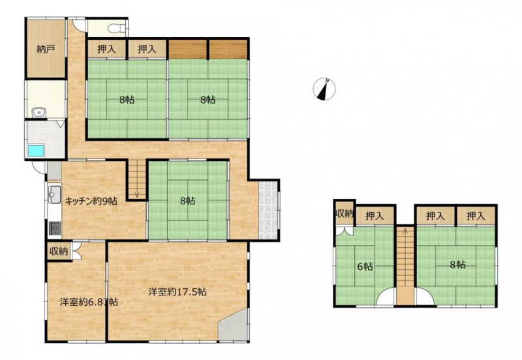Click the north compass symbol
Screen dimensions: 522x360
[x=324, y=89]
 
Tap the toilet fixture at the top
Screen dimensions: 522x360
[x=116, y=28]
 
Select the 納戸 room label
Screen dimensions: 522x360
[x=46, y=50]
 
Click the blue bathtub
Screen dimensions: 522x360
[x=36, y=151]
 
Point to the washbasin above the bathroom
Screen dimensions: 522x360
[x=39, y=113]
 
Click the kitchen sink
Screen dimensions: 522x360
[x=54, y=194]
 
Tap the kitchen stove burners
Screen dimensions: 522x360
[x=55, y=228]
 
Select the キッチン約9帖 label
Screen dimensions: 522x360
[x=91, y=201]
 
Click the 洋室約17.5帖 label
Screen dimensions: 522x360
[x=177, y=292]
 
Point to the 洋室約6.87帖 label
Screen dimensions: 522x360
[x=89, y=302]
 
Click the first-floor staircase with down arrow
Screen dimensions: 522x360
[x=137, y=179]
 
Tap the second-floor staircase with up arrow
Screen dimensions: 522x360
[x=405, y=265]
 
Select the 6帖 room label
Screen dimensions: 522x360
[x=365, y=267]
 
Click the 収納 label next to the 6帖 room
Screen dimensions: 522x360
[x=345, y=213]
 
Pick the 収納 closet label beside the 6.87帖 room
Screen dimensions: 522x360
[x=59, y=252]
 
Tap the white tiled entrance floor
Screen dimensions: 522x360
[x=268, y=210]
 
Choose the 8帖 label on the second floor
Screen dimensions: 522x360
[x=458, y=265]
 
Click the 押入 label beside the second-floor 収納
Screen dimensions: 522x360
[x=375, y=217]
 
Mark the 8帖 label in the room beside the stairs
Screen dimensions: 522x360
[x=188, y=201]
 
